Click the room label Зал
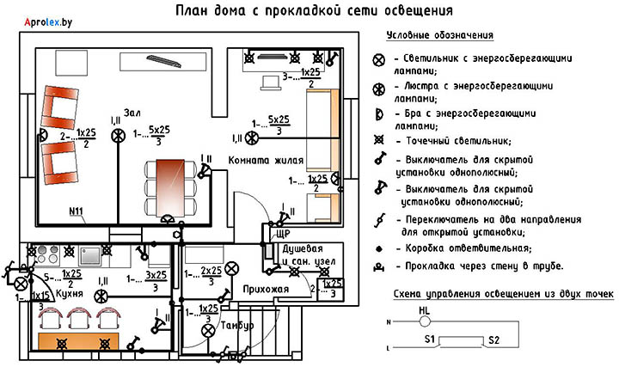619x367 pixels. click(x=132, y=113)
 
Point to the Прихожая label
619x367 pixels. click(x=265, y=290)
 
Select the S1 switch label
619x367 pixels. click(x=432, y=340)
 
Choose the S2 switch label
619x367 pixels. click(x=493, y=340)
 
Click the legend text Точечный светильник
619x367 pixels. click(x=463, y=140)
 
